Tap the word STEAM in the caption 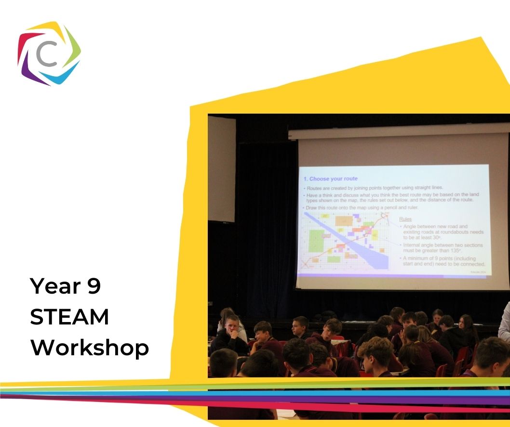point(69,318)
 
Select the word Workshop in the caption point(90,348)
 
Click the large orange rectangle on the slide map point(344,220)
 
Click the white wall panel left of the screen point(221,168)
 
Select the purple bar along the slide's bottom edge point(393,276)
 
